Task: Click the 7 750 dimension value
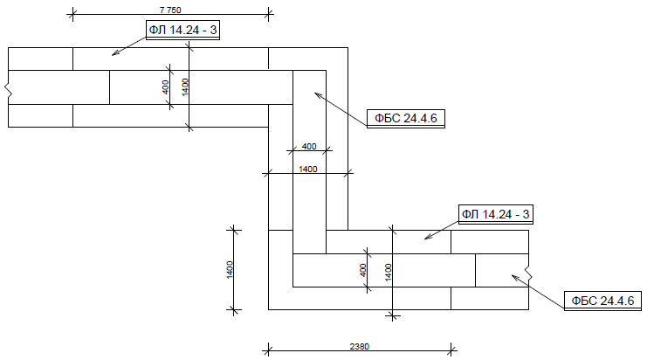(x=170, y=10)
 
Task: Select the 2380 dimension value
(x=360, y=346)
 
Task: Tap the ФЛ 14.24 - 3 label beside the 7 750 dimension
(x=182, y=30)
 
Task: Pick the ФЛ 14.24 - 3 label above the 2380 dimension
(x=496, y=214)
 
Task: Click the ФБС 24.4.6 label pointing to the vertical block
(x=406, y=118)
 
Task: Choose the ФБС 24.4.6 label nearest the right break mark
(x=602, y=300)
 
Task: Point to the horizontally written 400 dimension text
(x=309, y=146)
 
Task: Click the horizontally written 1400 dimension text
(x=308, y=169)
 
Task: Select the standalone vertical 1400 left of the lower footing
(x=230, y=270)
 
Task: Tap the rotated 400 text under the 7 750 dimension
(x=165, y=87)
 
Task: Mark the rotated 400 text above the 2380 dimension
(x=363, y=270)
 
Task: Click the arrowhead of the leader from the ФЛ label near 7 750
(x=114, y=53)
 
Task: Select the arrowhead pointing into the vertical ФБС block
(x=316, y=94)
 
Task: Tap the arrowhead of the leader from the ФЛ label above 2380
(x=427, y=238)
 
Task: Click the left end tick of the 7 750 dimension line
(x=72, y=15)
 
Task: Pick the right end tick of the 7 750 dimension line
(x=269, y=15)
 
